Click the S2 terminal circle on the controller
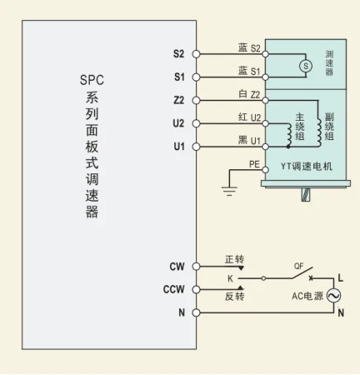point(197,54)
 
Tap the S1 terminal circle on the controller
point(197,77)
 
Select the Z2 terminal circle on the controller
point(197,100)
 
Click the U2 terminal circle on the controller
point(197,123)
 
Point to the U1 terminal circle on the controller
point(197,147)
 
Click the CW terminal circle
point(197,267)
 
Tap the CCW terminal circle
point(197,290)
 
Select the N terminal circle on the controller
point(197,313)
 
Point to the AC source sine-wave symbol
point(335,296)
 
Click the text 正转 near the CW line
point(234,259)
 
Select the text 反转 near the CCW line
point(234,297)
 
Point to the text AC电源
point(307,297)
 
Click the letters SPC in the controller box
point(92,80)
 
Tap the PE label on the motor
point(255,164)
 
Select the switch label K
point(231,278)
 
